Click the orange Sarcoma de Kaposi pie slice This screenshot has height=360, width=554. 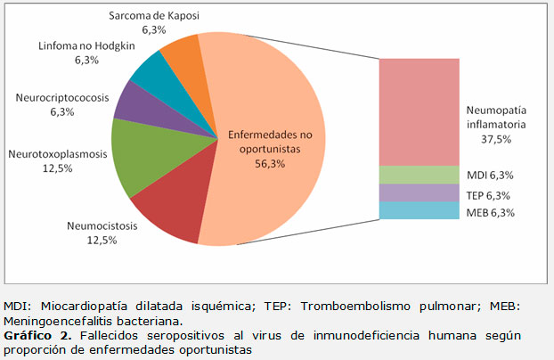coord(182,54)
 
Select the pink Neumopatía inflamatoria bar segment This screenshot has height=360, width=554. coord(419,111)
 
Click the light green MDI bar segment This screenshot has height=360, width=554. coord(419,175)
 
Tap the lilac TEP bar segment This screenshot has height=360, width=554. coord(419,192)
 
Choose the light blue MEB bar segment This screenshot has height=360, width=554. coord(419,210)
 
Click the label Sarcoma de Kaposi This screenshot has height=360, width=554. coord(155,16)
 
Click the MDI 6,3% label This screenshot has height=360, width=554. coord(491,175)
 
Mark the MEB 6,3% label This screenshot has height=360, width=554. coord(490,212)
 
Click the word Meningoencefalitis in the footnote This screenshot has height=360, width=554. coord(60,320)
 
